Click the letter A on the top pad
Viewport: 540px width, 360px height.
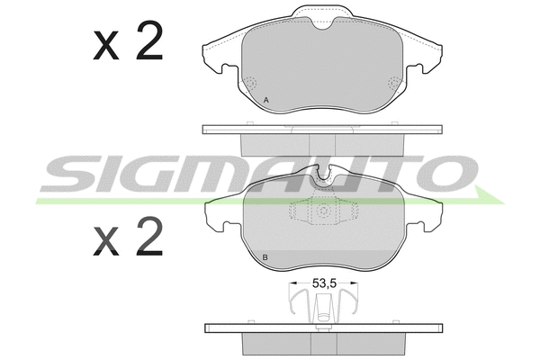[x=265, y=100]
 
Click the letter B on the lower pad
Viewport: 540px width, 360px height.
[x=265, y=257]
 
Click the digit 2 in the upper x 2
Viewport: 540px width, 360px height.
[x=149, y=40]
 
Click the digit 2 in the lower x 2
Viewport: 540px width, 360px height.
[x=149, y=236]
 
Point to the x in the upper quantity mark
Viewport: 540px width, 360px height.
[x=106, y=45]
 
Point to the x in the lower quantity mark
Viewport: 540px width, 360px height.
[x=106, y=241]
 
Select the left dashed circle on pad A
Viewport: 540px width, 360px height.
[x=250, y=83]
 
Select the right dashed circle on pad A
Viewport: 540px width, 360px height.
[x=394, y=83]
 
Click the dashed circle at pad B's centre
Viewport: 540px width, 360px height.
[x=324, y=211]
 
